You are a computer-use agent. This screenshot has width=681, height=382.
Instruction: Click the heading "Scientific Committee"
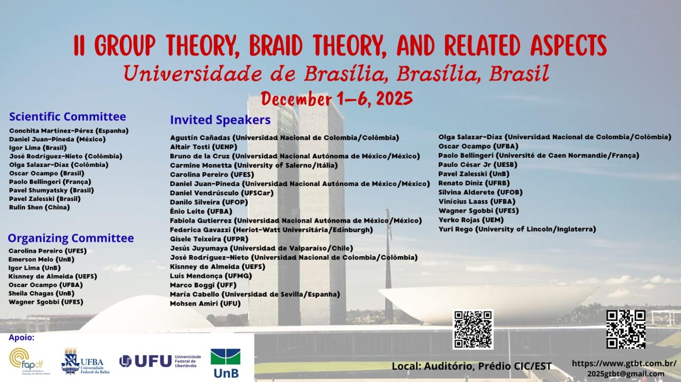[x=68, y=116]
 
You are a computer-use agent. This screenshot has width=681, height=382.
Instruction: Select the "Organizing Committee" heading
[x=71, y=239]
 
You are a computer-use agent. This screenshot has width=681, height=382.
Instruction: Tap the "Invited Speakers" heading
[x=220, y=120]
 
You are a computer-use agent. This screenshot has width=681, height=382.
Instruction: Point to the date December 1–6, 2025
[x=337, y=99]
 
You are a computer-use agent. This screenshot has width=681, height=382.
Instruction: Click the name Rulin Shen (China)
[x=39, y=207]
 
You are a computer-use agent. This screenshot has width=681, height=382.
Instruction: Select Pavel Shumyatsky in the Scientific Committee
[x=52, y=190]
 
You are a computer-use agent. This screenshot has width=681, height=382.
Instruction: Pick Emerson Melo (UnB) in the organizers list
[x=41, y=259]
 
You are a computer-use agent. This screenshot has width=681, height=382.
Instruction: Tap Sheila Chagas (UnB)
[x=41, y=293]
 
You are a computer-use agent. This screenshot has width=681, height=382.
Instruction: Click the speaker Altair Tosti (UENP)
[x=204, y=147]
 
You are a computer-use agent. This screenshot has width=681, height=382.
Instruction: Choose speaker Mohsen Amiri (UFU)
[x=205, y=304]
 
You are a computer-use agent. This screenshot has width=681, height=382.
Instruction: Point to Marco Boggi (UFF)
[x=203, y=285]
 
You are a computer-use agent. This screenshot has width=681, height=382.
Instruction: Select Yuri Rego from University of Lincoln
[x=517, y=229]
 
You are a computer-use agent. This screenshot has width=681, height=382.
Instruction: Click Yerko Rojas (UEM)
[x=471, y=220]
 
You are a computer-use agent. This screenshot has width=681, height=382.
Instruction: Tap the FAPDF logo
[x=27, y=361]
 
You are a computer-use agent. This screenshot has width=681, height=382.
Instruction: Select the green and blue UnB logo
[x=226, y=363]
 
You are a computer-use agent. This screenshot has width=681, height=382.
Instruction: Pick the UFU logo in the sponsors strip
[x=160, y=361]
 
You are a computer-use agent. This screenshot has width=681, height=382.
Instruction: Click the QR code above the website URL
[x=626, y=329]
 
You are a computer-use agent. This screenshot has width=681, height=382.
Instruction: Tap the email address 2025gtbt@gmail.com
[x=626, y=374]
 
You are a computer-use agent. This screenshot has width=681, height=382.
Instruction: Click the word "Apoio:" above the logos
[x=22, y=338]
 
